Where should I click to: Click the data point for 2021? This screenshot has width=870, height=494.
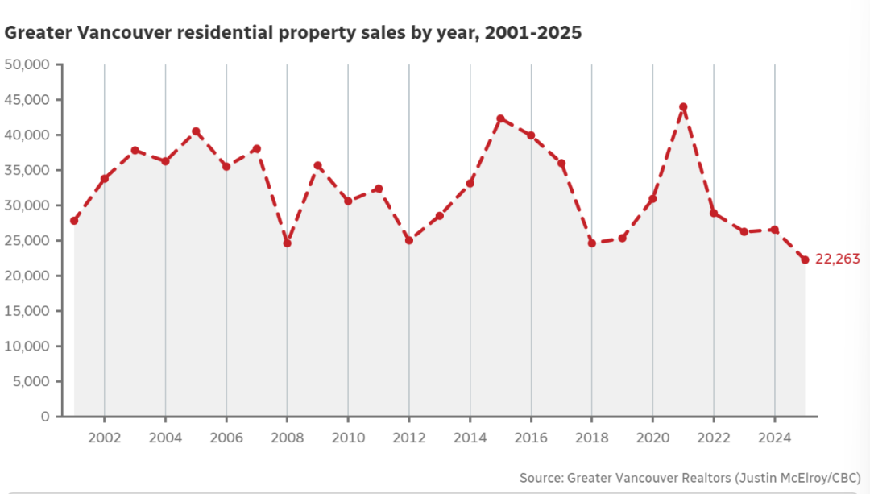click(x=683, y=106)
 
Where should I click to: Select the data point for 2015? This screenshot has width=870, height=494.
click(x=500, y=118)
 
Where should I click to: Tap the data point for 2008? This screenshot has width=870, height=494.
click(x=287, y=243)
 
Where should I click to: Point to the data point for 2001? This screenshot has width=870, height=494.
click(x=74, y=221)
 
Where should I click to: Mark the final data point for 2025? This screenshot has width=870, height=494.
click(x=805, y=259)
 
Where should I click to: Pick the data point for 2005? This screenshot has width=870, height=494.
click(x=196, y=131)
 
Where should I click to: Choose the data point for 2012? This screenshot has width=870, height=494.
click(x=409, y=240)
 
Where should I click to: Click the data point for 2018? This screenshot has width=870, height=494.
click(x=591, y=243)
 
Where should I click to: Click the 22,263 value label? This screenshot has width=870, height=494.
click(x=838, y=259)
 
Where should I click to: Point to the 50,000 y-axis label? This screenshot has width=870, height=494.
click(x=27, y=64)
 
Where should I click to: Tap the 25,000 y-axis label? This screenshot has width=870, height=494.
click(x=27, y=241)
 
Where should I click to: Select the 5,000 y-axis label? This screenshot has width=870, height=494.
click(x=31, y=381)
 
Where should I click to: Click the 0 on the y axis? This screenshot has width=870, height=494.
click(x=45, y=417)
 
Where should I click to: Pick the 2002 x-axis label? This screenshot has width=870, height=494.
click(x=104, y=438)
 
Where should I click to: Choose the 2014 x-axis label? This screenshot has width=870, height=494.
click(x=470, y=438)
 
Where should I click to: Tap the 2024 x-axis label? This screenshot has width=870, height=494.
click(x=774, y=438)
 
